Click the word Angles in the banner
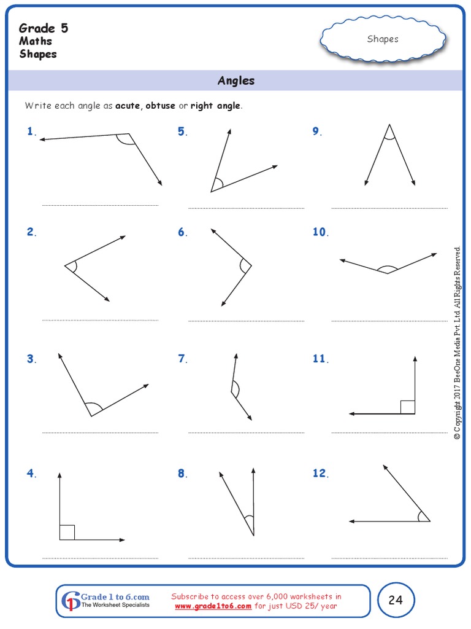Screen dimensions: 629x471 pyautogui.click(x=235, y=80)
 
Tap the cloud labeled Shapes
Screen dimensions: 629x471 pyautogui.click(x=383, y=39)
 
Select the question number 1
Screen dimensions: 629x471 pyautogui.click(x=31, y=131)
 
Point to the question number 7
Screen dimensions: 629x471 pyautogui.click(x=182, y=359)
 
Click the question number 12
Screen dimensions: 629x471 pyautogui.click(x=320, y=473)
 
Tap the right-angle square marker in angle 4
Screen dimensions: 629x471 pyautogui.click(x=67, y=532)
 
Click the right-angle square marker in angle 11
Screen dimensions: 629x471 pyautogui.click(x=408, y=407)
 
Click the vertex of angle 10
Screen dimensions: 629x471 pyautogui.click(x=387, y=273)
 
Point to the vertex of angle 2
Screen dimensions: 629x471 pyautogui.click(x=65, y=265)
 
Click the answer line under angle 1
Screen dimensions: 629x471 pyautogui.click(x=99, y=205)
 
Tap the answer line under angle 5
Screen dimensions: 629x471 pyautogui.click(x=246, y=209)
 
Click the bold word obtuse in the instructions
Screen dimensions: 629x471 pyautogui.click(x=160, y=106)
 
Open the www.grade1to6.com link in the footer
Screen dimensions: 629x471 pyautogui.click(x=213, y=606)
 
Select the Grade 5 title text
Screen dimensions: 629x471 pyautogui.click(x=44, y=28)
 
